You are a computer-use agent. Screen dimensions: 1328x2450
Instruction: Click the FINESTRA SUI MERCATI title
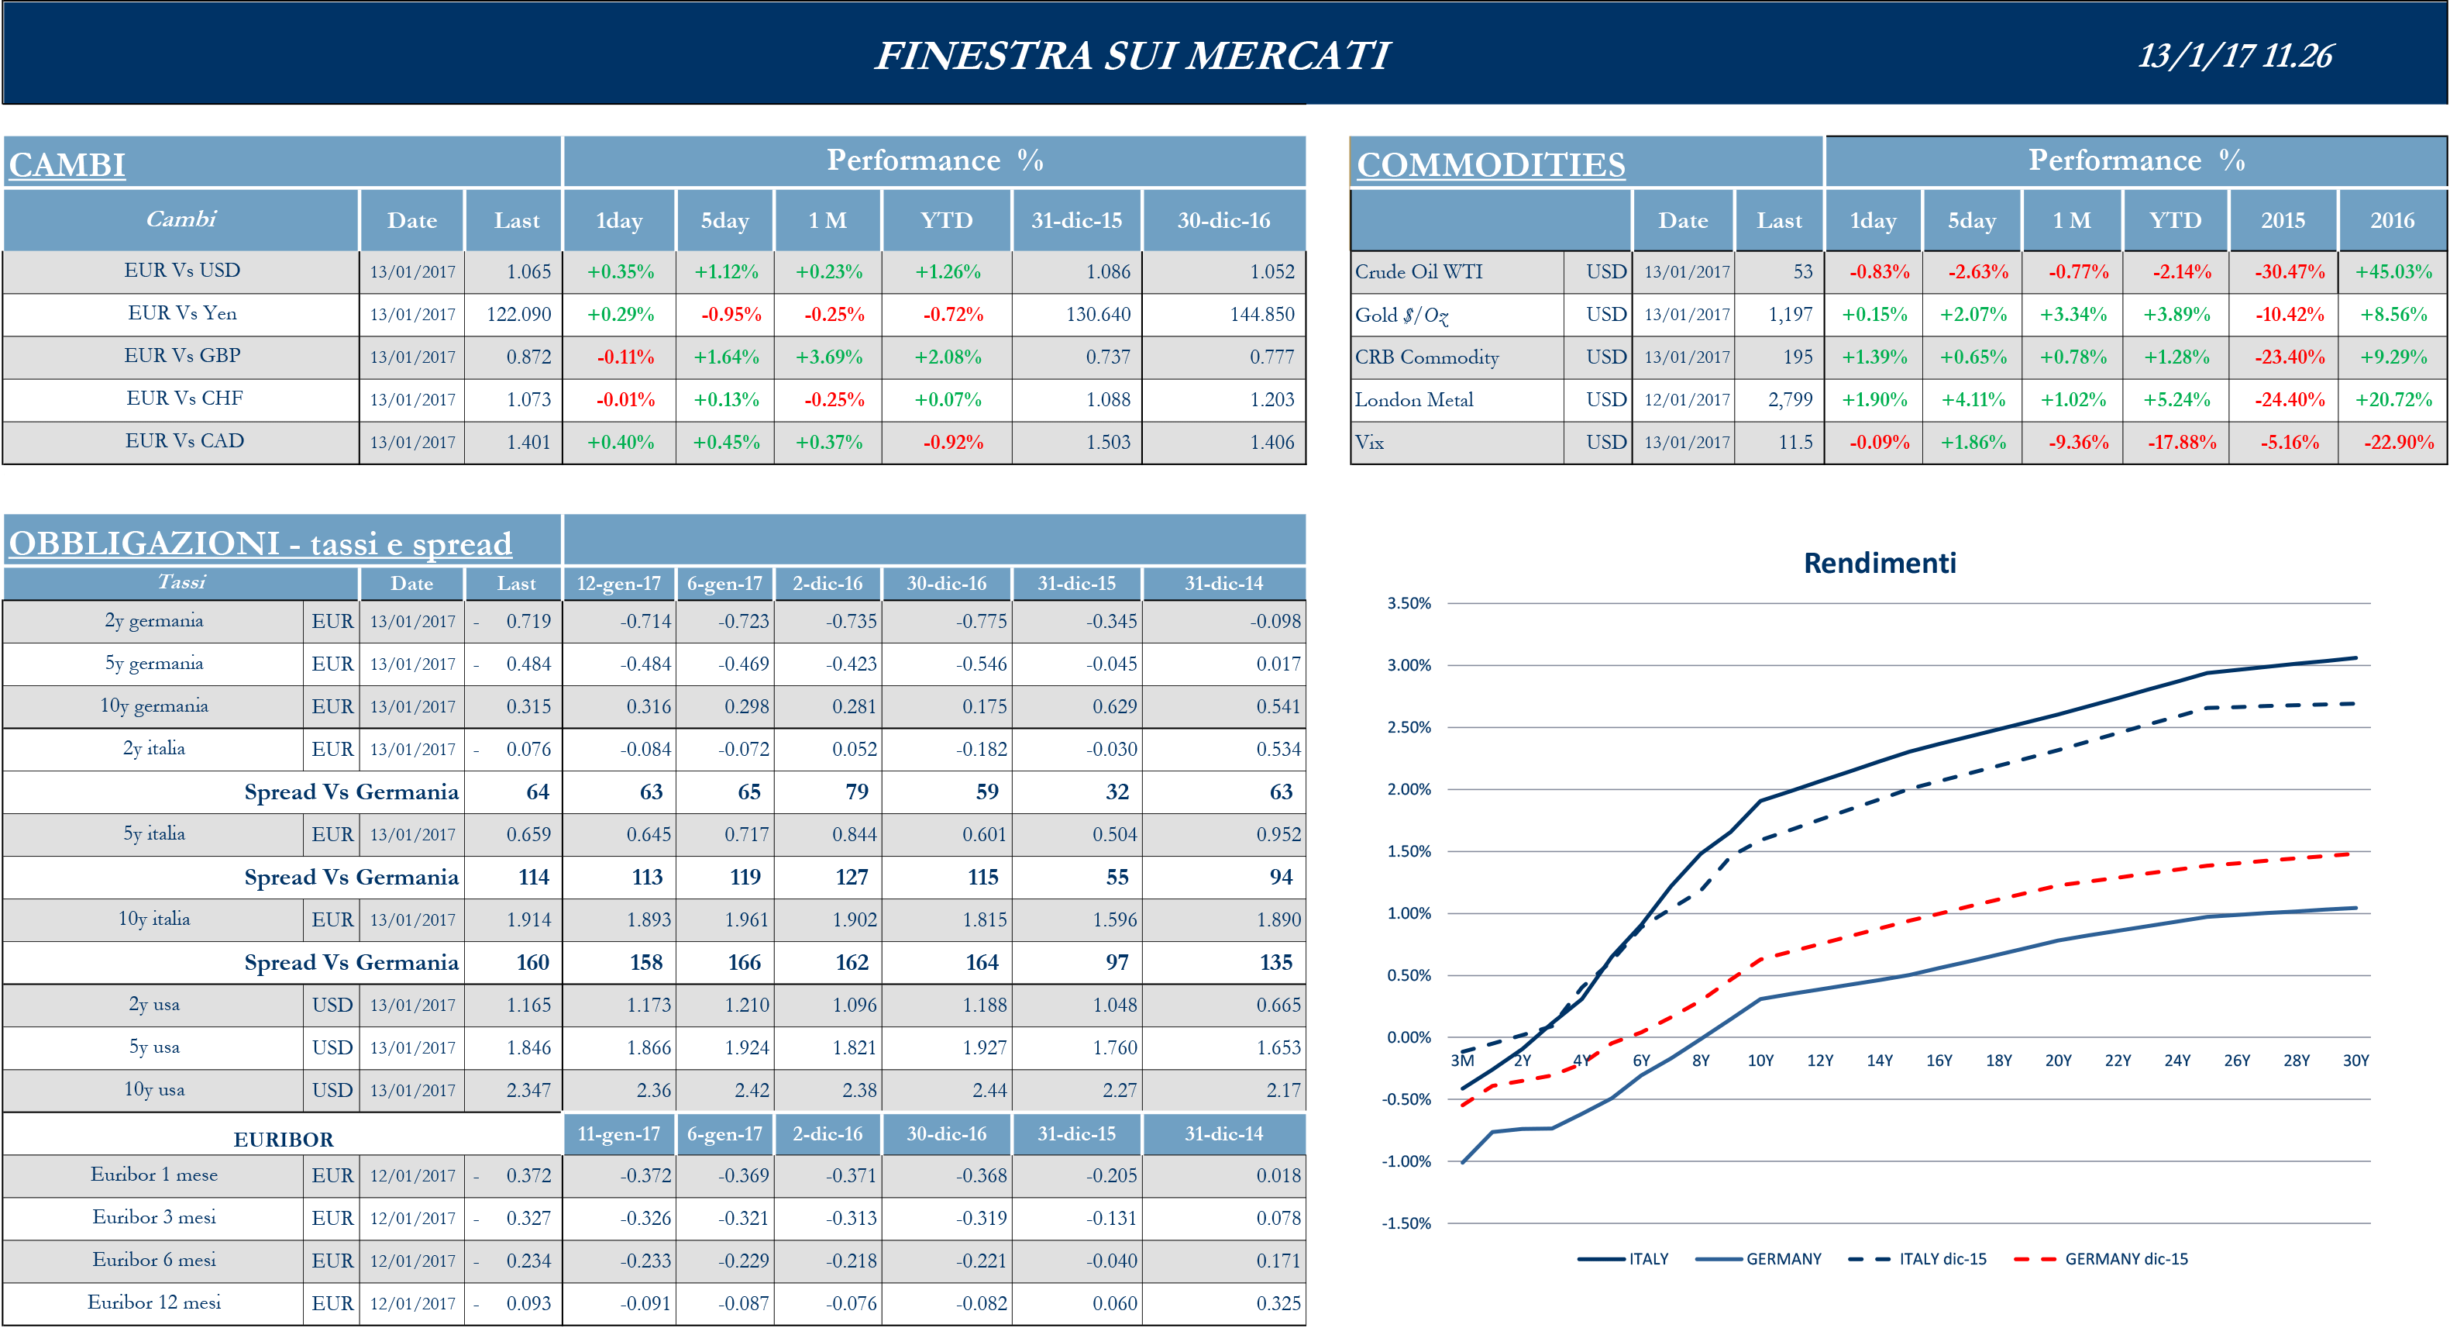[x=1132, y=55]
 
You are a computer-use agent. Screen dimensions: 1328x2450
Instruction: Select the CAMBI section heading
[x=67, y=164]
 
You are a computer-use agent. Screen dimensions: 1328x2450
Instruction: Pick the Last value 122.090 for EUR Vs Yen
[x=518, y=314]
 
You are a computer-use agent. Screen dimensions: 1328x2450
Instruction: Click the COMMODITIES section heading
[x=1489, y=164]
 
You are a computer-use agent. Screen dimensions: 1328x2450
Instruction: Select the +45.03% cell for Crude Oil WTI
[x=2393, y=272]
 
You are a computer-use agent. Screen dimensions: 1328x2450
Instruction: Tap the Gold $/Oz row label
[x=1401, y=315]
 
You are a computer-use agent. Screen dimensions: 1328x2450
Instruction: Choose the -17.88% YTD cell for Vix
[x=2181, y=443]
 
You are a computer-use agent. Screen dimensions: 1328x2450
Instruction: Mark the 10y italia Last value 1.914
[x=528, y=920]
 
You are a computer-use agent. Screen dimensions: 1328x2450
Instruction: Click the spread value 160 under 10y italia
[x=532, y=963]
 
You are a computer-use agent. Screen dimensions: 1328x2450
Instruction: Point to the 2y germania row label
[x=153, y=621]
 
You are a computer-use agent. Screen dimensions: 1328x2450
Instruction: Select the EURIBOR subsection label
[x=283, y=1140]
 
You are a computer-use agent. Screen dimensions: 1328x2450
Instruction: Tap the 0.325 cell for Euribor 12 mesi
[x=1278, y=1303]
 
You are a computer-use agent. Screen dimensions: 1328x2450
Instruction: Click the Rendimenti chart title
[x=1880, y=563]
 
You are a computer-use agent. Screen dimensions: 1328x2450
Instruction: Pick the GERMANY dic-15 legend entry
[x=2125, y=1258]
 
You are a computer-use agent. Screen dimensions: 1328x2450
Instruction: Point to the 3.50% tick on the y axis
[x=1409, y=603]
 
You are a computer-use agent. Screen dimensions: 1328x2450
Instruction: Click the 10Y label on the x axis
[x=1760, y=1061]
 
